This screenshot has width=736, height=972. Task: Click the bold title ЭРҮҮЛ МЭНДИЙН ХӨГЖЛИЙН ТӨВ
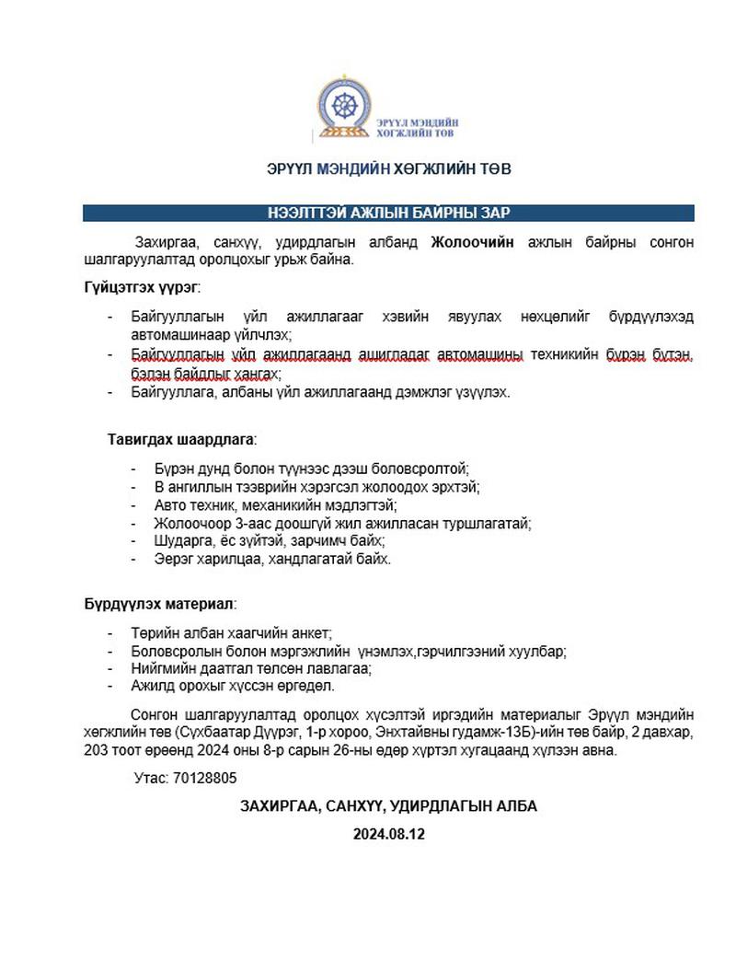tap(389, 169)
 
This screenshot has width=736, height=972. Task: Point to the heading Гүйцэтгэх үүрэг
tap(141, 288)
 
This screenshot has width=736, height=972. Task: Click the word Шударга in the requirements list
tap(182, 541)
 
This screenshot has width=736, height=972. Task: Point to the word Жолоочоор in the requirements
tap(190, 523)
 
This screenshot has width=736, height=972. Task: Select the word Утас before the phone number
tap(151, 778)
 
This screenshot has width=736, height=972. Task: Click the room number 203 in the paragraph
tap(96, 750)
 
